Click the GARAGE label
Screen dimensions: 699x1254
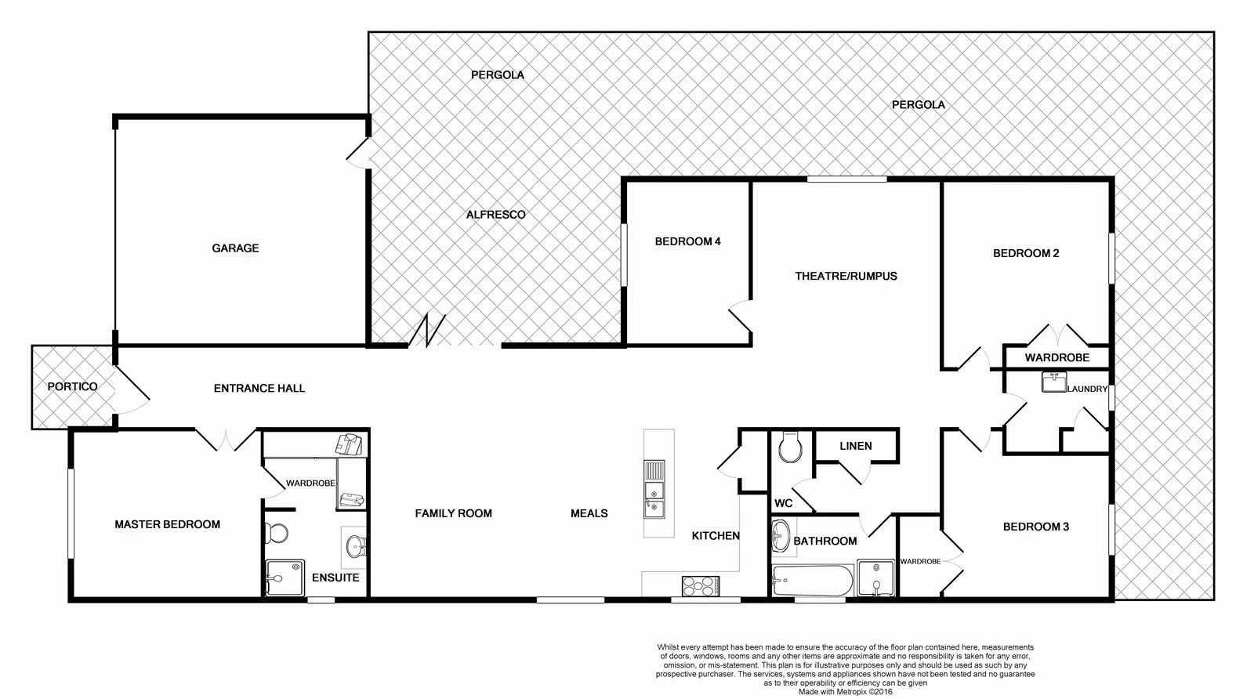click(235, 248)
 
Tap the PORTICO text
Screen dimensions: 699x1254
click(72, 386)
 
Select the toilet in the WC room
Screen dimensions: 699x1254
click(790, 449)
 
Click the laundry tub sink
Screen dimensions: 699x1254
click(1053, 382)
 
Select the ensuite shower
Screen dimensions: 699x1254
click(285, 578)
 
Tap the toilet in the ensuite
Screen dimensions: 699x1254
click(276, 533)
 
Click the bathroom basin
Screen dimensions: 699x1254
click(781, 537)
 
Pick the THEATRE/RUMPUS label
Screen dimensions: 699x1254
click(846, 276)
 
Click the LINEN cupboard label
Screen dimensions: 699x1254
click(855, 446)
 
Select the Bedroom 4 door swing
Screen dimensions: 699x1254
click(741, 317)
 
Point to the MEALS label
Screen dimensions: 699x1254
click(589, 513)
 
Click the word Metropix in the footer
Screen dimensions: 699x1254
click(857, 692)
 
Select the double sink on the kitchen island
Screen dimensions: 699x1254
click(654, 491)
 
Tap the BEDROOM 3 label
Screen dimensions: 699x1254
click(1035, 527)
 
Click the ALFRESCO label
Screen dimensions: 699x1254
click(495, 214)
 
